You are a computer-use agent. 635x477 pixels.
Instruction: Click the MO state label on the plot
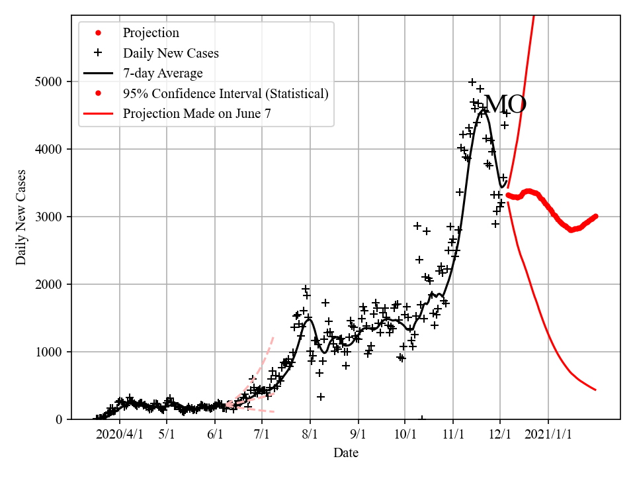tap(505, 105)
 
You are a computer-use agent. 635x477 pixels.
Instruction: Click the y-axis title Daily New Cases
tap(22, 217)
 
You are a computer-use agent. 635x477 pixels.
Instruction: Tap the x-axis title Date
tap(346, 453)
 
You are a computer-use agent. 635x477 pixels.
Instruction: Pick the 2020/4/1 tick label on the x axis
tap(120, 435)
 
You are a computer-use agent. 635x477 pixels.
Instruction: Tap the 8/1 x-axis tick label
tap(310, 435)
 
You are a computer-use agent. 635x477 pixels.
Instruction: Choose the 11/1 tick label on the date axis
tap(453, 435)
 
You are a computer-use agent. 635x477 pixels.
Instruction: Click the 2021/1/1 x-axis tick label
tap(548, 435)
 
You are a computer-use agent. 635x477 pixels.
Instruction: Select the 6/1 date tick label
tap(215, 435)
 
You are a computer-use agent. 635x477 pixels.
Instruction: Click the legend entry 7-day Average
tap(163, 73)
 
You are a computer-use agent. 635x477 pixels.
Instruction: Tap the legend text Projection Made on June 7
tap(197, 113)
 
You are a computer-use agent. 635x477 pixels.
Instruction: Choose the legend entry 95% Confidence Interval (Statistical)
tap(226, 93)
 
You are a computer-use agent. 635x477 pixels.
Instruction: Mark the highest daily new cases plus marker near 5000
tap(472, 82)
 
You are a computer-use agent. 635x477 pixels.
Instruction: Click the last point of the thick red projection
tap(595, 216)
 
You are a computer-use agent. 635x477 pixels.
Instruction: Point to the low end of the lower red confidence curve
tap(595, 390)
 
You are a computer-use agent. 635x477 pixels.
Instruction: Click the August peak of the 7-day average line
tap(308, 319)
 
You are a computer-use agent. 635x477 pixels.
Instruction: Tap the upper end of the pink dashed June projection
tap(273, 337)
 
